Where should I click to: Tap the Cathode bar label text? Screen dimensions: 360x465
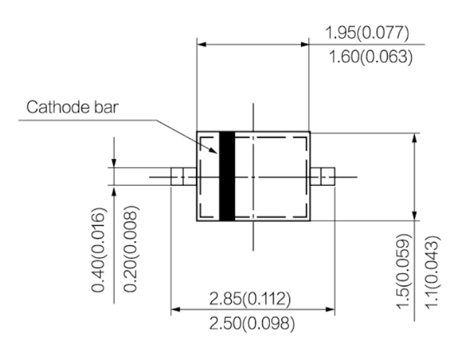pyautogui.click(x=73, y=108)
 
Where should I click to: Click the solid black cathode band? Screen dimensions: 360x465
pyautogui.click(x=227, y=176)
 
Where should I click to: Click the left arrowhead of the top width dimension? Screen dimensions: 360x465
pyautogui.click(x=201, y=45)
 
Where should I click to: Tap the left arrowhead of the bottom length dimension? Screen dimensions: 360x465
pyautogui.click(x=175, y=311)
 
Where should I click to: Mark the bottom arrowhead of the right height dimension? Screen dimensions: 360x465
pyautogui.click(x=414, y=216)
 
